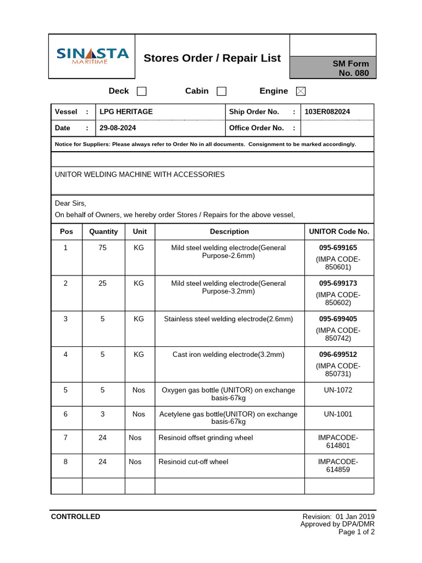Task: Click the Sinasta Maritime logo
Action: click(x=92, y=56)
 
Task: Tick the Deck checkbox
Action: click(x=141, y=91)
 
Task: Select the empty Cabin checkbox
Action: click(x=221, y=91)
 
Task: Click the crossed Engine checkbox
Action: click(x=301, y=91)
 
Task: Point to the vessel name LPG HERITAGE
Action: click(x=126, y=112)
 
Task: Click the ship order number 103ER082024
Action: click(x=327, y=112)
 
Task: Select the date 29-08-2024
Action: click(x=118, y=128)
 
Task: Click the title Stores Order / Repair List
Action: click(x=212, y=58)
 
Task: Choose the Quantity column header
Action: click(x=103, y=231)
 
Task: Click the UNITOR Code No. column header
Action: click(x=339, y=231)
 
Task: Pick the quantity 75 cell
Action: click(x=103, y=248)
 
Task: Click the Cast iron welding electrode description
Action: click(x=229, y=355)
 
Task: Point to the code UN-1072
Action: click(x=338, y=390)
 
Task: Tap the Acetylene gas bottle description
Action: click(x=229, y=418)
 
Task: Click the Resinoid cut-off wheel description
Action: click(x=193, y=462)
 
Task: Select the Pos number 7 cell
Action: click(x=65, y=438)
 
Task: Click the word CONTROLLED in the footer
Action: click(x=75, y=517)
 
